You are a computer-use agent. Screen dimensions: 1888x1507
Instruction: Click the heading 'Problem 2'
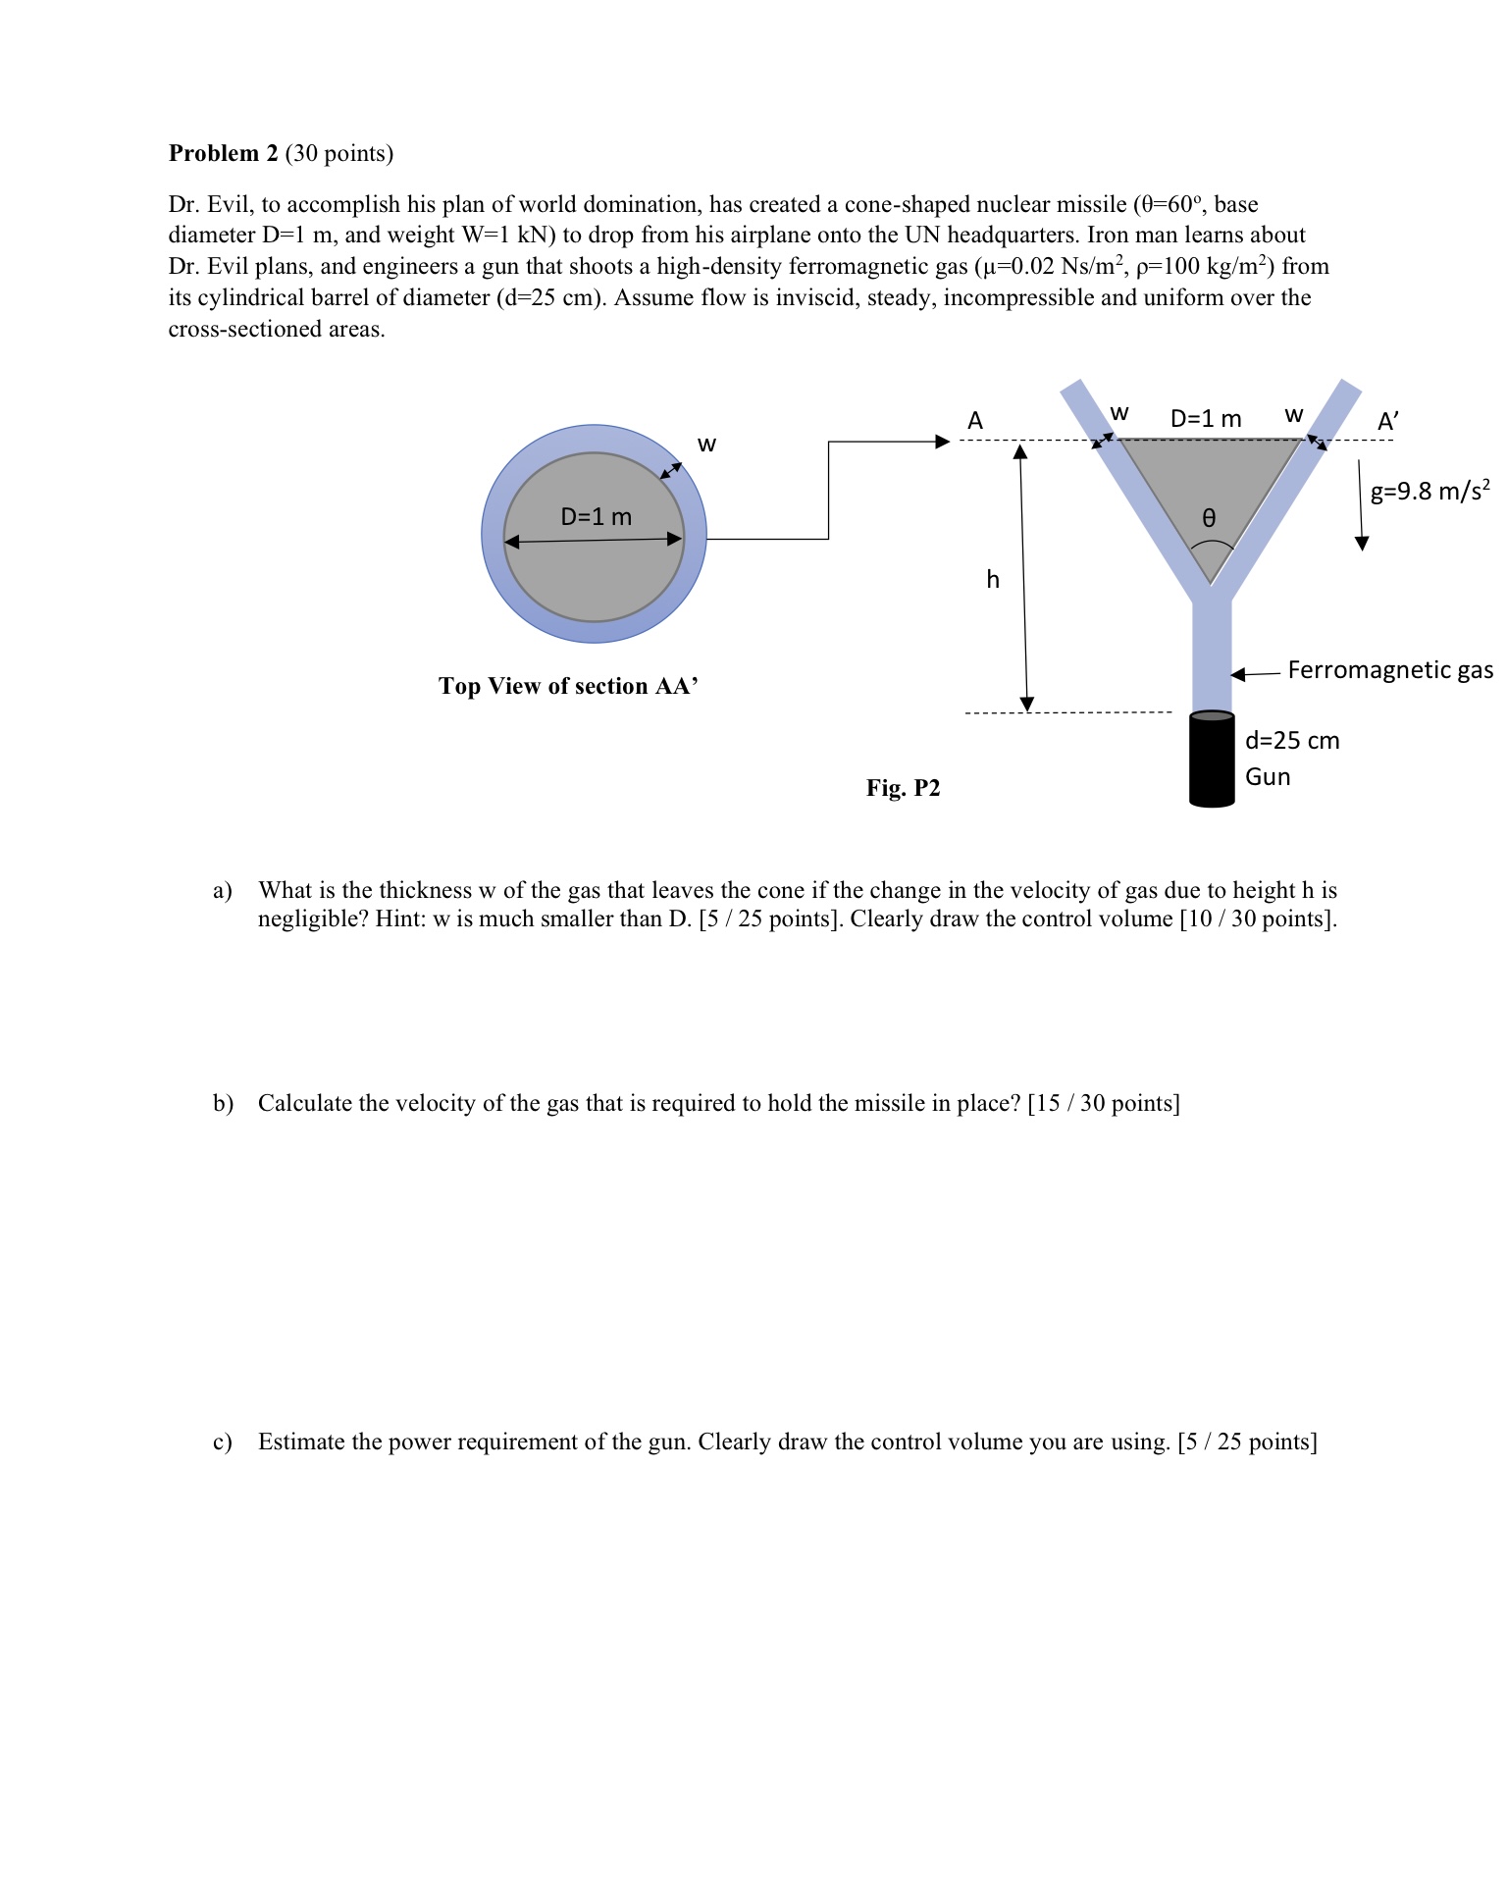(224, 153)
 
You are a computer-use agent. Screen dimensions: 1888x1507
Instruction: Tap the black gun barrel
(1212, 760)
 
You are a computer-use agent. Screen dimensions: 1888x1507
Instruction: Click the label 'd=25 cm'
(1291, 741)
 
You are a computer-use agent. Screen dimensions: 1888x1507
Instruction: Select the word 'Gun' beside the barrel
(1267, 777)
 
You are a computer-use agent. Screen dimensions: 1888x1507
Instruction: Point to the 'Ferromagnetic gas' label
(1389, 670)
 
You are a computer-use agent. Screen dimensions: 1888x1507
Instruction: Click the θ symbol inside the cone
(1209, 517)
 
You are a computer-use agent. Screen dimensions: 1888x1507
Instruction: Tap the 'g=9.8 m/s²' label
(1429, 491)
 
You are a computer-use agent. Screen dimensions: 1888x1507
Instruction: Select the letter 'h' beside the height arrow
(993, 580)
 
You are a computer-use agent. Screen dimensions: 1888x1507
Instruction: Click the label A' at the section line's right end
(1387, 422)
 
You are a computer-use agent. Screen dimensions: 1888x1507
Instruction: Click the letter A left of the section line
(974, 421)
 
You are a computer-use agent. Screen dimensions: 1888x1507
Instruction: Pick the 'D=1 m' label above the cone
(1206, 419)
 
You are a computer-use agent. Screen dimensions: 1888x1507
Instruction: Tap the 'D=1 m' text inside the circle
(596, 516)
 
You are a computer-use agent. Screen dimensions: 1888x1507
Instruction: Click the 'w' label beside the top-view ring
(706, 445)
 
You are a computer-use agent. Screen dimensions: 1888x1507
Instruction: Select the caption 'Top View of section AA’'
(568, 686)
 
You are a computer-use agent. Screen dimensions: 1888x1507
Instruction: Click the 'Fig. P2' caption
(903, 788)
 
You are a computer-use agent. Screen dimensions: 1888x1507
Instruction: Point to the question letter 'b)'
(223, 1103)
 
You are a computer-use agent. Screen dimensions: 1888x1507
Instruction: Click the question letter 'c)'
(223, 1442)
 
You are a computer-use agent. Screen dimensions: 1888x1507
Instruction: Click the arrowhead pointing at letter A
(942, 442)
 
